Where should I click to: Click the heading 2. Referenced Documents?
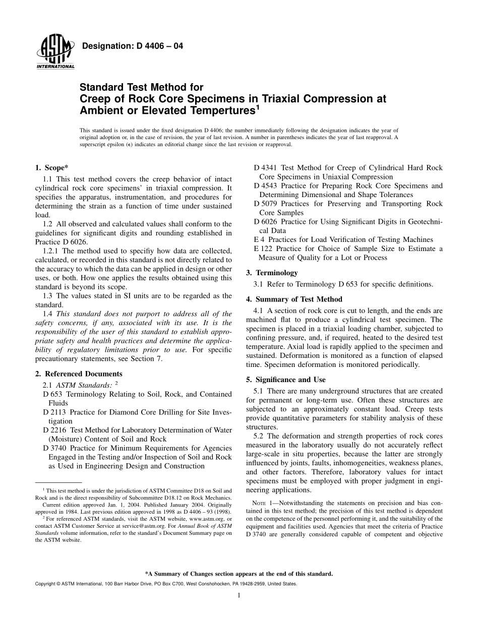point(79,374)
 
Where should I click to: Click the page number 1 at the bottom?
point(239,595)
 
